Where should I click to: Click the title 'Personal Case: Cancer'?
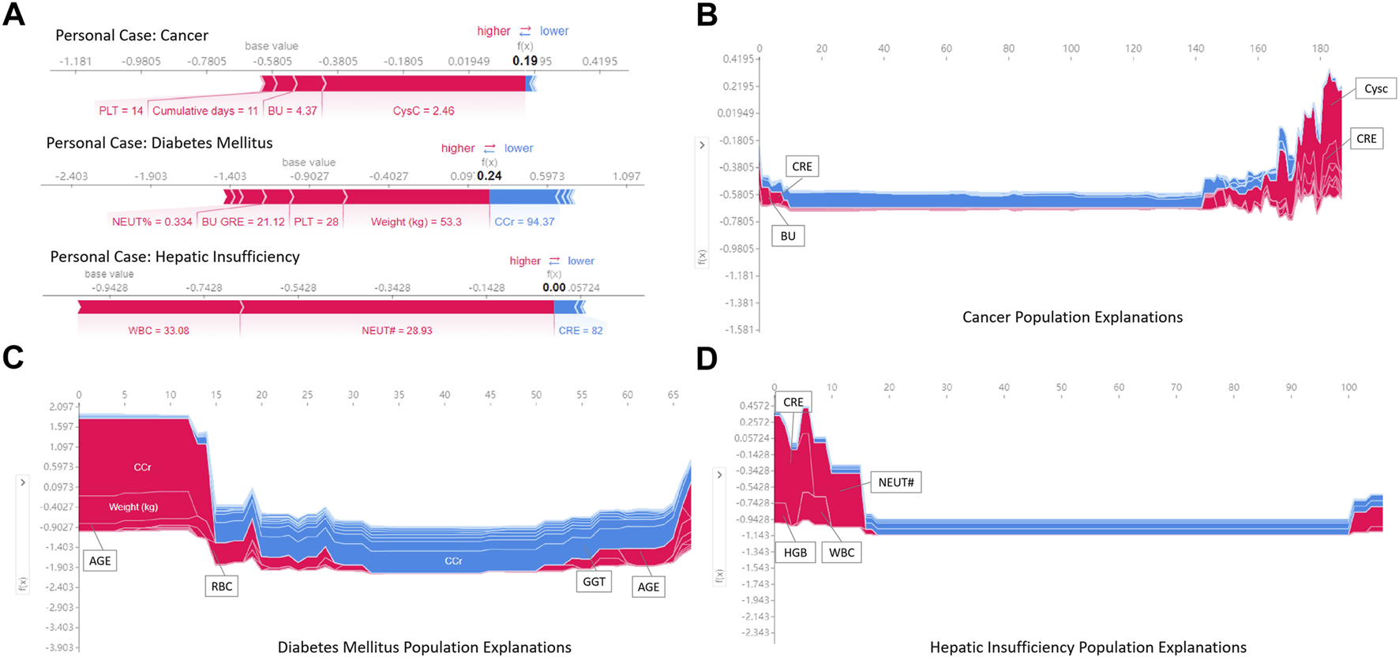tap(131, 36)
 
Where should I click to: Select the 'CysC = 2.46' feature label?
tap(423, 111)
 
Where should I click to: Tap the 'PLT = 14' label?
tap(121, 111)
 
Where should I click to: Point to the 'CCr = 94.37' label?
tap(524, 222)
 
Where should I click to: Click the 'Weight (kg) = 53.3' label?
tap(416, 222)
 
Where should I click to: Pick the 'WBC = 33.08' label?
tap(159, 331)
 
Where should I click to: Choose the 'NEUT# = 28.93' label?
tap(397, 331)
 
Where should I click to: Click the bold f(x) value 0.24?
tap(489, 176)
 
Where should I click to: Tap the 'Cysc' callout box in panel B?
tap(1375, 89)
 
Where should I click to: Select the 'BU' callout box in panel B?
tap(788, 236)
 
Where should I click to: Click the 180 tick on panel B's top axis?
tap(1320, 49)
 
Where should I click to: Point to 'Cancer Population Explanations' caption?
tap(1072, 317)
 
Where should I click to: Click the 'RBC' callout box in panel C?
tap(222, 587)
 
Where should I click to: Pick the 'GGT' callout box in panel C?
tap(594, 582)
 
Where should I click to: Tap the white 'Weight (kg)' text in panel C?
tap(133, 507)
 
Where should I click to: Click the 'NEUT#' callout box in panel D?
tap(895, 482)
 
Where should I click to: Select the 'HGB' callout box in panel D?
tap(795, 553)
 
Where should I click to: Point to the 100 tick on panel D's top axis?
tap(1348, 388)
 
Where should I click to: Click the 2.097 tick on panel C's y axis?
tap(62, 407)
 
